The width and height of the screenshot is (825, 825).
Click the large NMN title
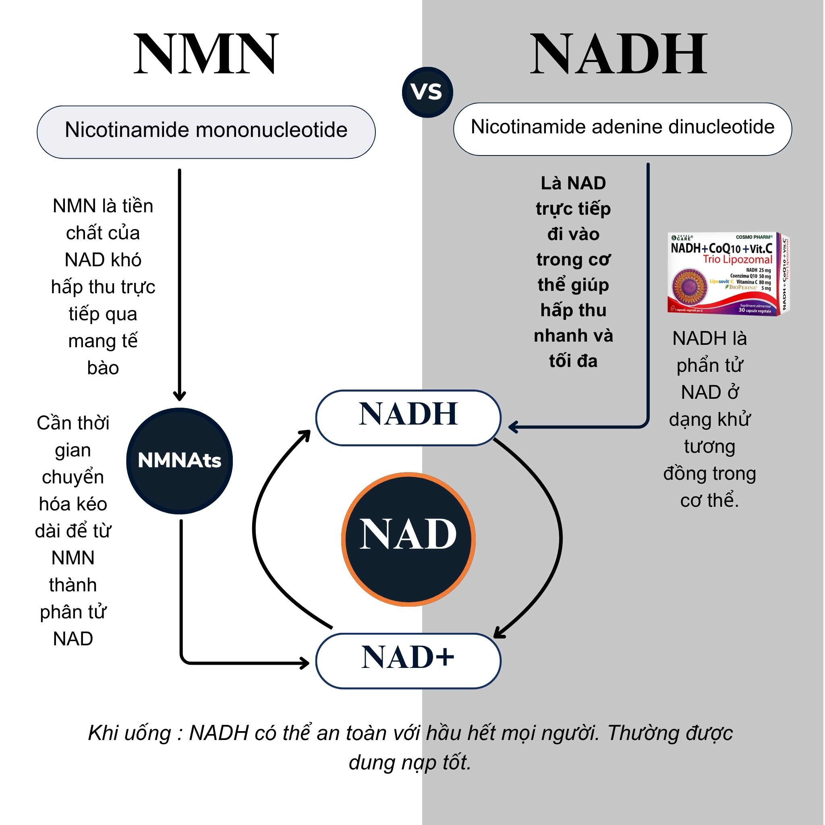[206, 54]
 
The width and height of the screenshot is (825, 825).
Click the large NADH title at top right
[619, 54]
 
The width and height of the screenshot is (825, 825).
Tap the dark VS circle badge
[427, 92]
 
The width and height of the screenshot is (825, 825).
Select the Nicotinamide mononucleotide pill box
[206, 132]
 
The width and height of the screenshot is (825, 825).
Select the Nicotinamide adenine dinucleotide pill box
[622, 129]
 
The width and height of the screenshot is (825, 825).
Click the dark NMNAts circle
[179, 461]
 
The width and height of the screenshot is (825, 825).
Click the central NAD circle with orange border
[408, 539]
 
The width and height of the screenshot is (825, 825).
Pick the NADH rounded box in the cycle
[408, 417]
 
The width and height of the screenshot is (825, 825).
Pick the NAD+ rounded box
[408, 660]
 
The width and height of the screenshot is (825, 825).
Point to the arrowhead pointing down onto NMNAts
[179, 396]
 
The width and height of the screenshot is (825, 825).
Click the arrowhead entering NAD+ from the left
[304, 663]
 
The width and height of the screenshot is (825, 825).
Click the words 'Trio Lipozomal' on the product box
[738, 259]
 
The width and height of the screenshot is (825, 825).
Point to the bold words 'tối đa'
[573, 361]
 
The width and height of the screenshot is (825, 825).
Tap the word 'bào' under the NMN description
[103, 368]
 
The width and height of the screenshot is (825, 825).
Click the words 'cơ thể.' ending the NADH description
[709, 500]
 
